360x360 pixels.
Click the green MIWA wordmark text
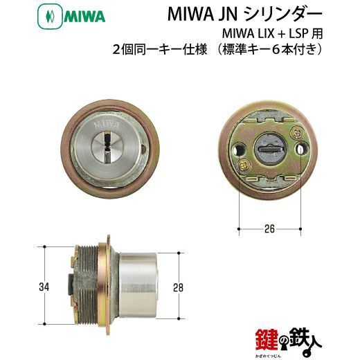84,17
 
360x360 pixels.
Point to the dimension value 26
269,228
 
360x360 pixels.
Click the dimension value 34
44,287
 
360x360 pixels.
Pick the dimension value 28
179,288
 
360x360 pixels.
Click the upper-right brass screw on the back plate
297,132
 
